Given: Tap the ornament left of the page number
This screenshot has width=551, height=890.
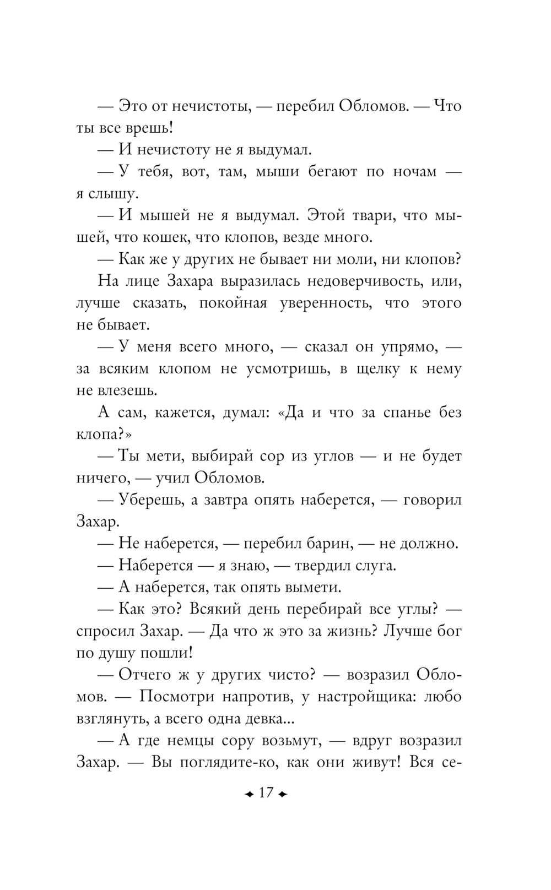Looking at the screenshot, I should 249,794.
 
